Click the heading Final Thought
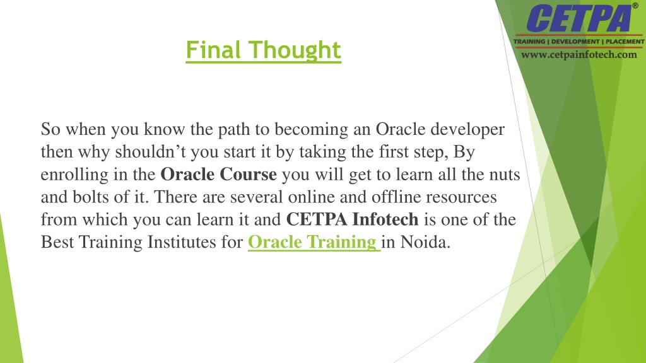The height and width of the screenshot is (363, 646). point(263,50)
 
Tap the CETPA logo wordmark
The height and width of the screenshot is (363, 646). point(579,18)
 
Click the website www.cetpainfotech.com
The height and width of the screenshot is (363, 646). point(579,55)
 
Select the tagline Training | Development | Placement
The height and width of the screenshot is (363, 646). point(579,42)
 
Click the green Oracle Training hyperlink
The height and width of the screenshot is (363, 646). point(314,242)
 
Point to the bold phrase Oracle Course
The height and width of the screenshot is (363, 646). point(218,174)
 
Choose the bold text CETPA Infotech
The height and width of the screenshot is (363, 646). point(352,219)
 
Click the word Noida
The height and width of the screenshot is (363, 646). point(425,242)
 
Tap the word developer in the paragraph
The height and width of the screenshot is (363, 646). point(467,130)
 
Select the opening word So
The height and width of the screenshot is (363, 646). point(50,129)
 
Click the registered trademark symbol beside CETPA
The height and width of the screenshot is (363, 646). point(635,6)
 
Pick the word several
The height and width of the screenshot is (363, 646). point(256,197)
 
